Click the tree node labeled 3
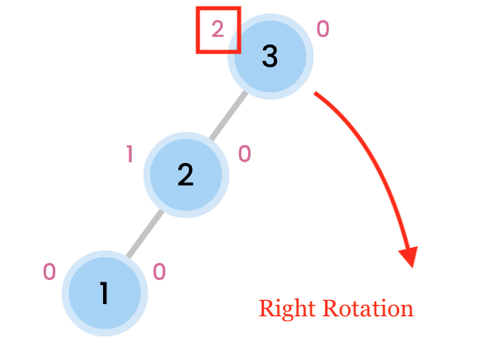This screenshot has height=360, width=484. [270, 57]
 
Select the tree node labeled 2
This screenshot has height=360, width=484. [186, 175]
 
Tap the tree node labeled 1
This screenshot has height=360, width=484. [105, 293]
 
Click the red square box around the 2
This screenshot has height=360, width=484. [196, 30]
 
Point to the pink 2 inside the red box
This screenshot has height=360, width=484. [218, 30]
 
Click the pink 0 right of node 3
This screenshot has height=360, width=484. [323, 29]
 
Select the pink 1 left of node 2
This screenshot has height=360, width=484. [130, 154]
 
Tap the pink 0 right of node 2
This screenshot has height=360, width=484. [245, 154]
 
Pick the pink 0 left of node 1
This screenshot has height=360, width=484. [49, 272]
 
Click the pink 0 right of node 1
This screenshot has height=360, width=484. [159, 272]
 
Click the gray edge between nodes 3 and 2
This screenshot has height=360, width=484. [228, 115]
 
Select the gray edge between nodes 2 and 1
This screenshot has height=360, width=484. [145, 233]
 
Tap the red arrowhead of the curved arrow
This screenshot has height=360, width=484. [410, 255]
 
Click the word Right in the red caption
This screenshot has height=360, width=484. [288, 308]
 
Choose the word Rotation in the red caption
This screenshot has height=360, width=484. [368, 308]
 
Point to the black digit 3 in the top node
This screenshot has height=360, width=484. [270, 56]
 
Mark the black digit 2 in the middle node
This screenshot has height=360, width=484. [186, 175]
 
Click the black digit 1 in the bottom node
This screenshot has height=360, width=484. [105, 292]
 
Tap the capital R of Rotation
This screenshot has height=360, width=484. [331, 308]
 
